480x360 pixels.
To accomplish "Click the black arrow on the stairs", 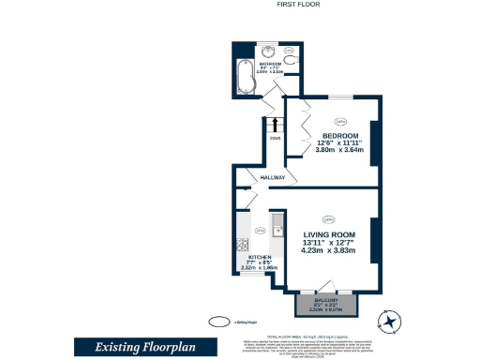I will (275, 123).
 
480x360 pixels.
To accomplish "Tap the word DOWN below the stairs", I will (275, 138).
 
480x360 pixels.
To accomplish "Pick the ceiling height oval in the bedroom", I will (340, 119).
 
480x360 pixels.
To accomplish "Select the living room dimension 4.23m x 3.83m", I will (329, 252).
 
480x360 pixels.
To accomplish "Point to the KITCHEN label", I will (259, 256).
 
